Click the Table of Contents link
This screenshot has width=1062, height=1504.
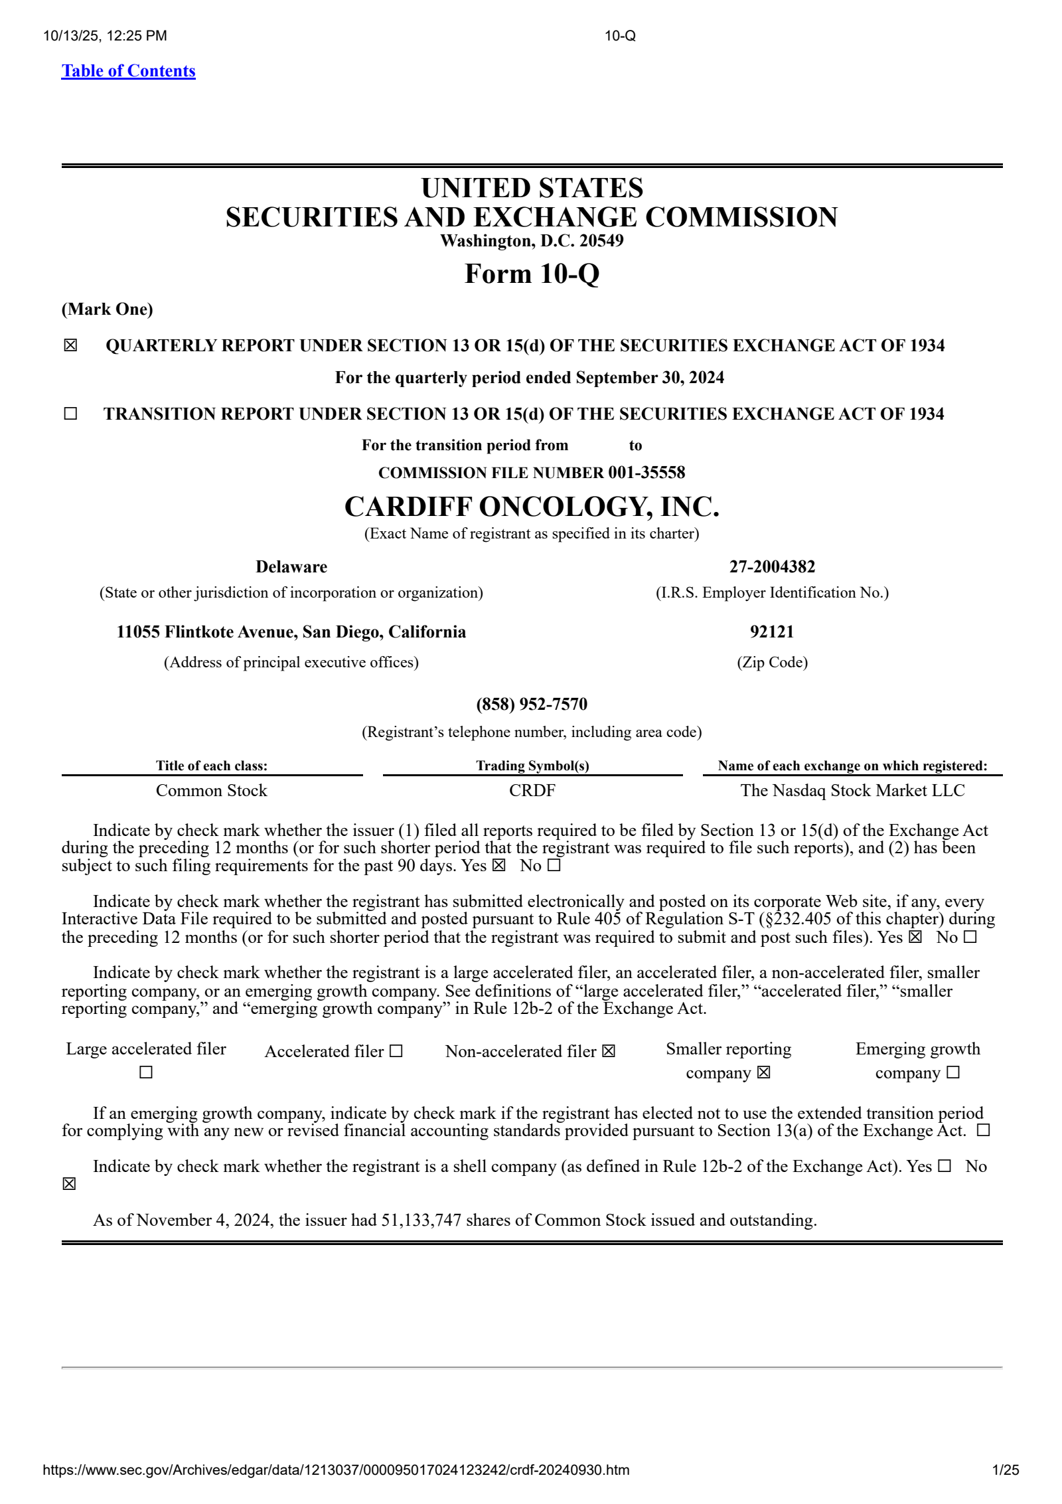pos(128,71)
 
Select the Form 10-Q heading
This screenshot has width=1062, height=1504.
pos(532,274)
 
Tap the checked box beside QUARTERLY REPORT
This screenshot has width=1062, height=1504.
pos(70,345)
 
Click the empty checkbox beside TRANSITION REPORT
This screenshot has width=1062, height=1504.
pos(70,414)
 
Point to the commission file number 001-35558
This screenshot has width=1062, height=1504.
pos(646,473)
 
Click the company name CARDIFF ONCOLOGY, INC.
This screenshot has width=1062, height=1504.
pos(532,507)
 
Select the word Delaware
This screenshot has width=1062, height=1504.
pos(291,566)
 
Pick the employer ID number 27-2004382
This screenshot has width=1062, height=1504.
pos(772,566)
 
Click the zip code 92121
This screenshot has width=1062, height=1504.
pos(772,631)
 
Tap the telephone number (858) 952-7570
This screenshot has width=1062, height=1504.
pos(532,704)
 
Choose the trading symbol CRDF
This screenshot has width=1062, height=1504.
pos(532,790)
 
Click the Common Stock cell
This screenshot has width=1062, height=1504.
pos(211,790)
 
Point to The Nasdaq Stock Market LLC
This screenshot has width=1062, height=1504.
pos(852,790)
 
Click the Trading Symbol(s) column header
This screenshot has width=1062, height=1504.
pos(532,766)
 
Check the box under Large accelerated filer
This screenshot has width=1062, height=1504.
pos(146,1072)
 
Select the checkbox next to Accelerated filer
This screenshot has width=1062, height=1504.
pos(396,1051)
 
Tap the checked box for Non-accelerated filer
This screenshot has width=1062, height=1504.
pos(609,1051)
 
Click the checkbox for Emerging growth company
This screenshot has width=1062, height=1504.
pos(953,1072)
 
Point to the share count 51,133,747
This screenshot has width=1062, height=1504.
pos(421,1220)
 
